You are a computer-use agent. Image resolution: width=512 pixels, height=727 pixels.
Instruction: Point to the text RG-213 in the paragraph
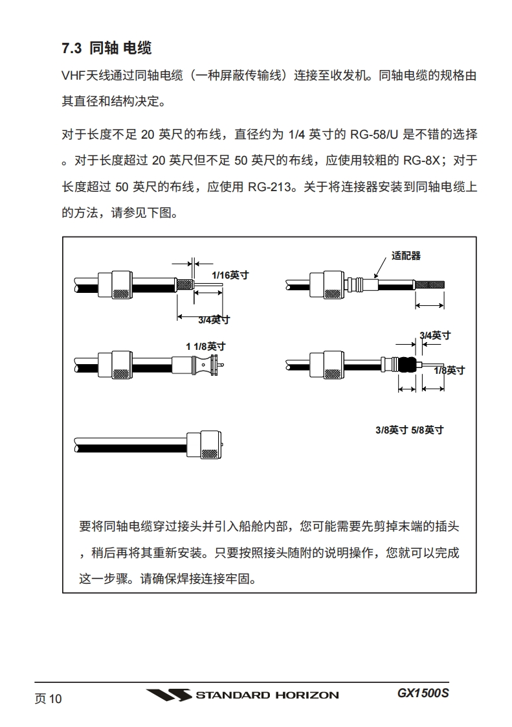pyautogui.click(x=267, y=187)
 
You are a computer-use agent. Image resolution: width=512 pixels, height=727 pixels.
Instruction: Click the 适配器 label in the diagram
pyautogui.click(x=406, y=255)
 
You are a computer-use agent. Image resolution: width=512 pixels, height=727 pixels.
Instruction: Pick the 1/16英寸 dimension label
pyautogui.click(x=229, y=275)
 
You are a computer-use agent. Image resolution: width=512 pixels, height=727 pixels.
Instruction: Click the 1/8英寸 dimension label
pyautogui.click(x=449, y=370)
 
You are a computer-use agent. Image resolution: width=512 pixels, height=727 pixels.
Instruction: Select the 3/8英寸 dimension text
pyautogui.click(x=391, y=430)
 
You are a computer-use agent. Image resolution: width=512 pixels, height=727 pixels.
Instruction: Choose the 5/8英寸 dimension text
pyautogui.click(x=427, y=430)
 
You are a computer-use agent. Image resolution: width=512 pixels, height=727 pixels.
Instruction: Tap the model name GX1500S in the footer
pyautogui.click(x=423, y=693)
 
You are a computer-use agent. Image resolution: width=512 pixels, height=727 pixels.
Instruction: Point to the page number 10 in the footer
pyautogui.click(x=54, y=698)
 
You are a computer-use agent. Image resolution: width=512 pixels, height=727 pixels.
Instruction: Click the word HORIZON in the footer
pyautogui.click(x=306, y=696)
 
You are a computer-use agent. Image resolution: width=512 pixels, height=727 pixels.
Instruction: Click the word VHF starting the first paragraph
pyautogui.click(x=74, y=75)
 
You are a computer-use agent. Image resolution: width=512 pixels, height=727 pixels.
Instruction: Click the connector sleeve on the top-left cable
pyautogui.click(x=115, y=284)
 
